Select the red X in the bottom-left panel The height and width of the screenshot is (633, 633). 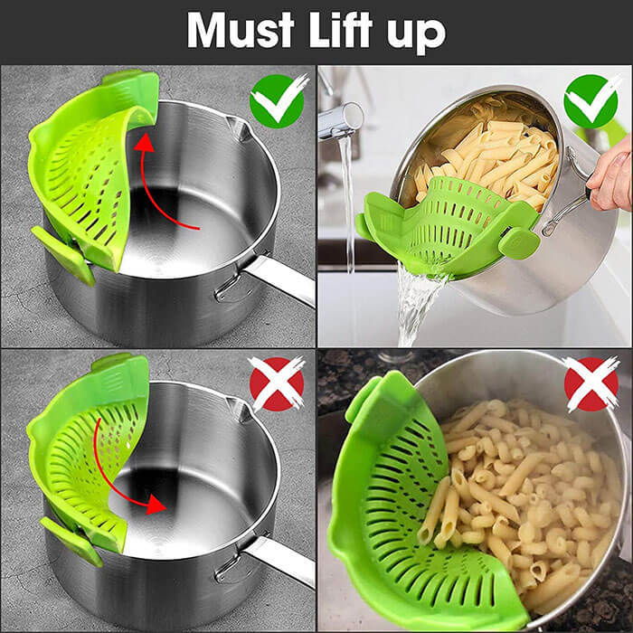click(x=277, y=383)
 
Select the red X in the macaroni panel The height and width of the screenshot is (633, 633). click(x=590, y=383)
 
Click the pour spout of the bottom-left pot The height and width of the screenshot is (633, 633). click(x=241, y=412)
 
